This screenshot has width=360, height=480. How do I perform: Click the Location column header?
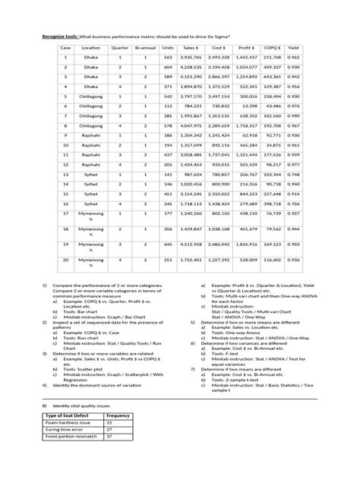(91, 46)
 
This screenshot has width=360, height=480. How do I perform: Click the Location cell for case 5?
(91, 96)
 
